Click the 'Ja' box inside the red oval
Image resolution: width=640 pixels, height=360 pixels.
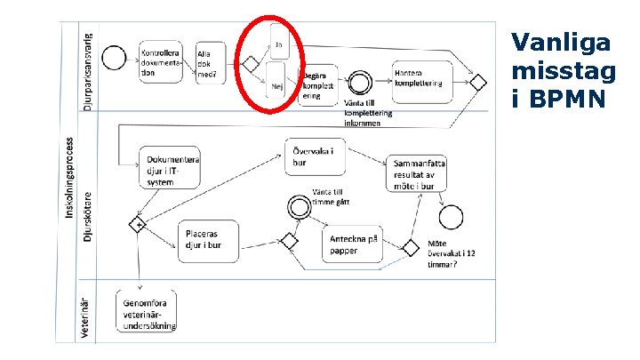coord(279,41)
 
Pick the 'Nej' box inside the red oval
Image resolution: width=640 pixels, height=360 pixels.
coord(277,84)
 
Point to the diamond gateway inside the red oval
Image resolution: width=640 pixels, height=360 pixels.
coord(251,64)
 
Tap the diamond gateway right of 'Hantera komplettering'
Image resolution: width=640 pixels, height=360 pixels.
coord(478,83)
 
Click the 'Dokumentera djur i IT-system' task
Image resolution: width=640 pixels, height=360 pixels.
coord(170,165)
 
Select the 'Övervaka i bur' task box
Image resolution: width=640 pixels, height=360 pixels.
coord(313,156)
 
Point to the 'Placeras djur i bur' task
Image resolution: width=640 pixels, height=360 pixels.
coord(208,240)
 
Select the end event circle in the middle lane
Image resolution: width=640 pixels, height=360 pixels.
coord(451,216)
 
